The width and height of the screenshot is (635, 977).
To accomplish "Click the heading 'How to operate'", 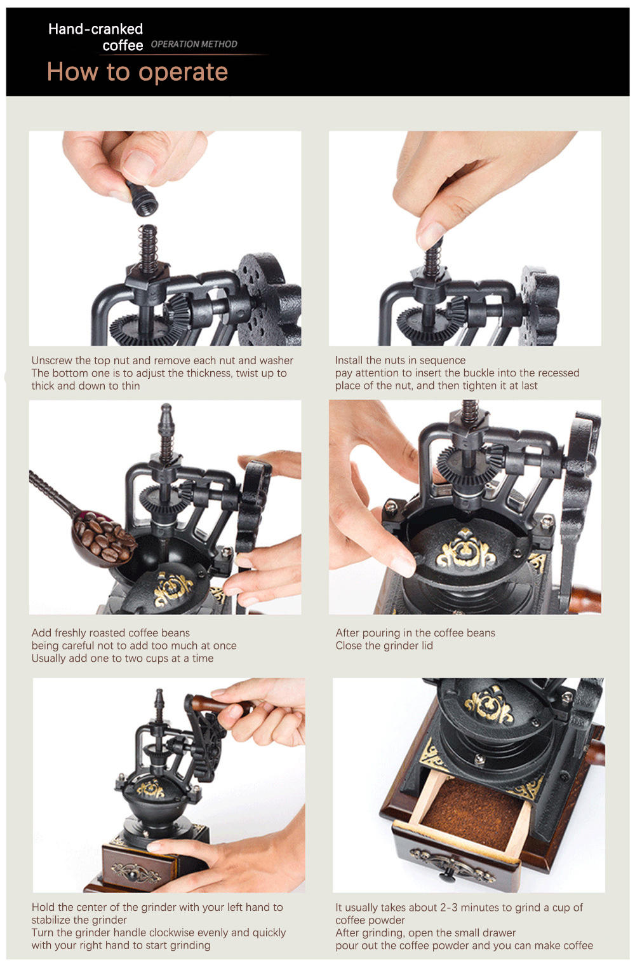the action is pyautogui.click(x=137, y=72).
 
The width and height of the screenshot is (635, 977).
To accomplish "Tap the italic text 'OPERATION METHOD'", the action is pyautogui.click(x=194, y=44).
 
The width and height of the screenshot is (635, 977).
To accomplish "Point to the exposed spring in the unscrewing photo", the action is pyautogui.click(x=149, y=248).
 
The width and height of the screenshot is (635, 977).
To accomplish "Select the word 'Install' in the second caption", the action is pyautogui.click(x=349, y=360).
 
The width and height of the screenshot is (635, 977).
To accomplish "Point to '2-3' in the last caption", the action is pyautogui.click(x=449, y=907).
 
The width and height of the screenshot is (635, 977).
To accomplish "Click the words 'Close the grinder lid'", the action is pyautogui.click(x=384, y=646).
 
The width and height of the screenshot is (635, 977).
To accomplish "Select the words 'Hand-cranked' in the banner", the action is pyautogui.click(x=95, y=29).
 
